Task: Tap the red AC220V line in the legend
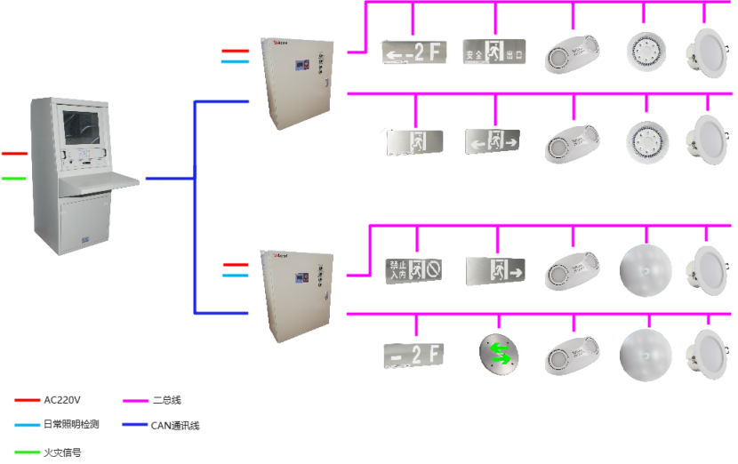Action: tap(28, 400)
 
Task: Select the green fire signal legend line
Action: tap(28, 452)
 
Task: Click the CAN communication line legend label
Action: tap(174, 426)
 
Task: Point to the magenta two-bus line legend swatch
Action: tap(134, 401)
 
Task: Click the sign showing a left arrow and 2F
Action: tap(414, 52)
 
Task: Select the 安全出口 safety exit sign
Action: tap(493, 52)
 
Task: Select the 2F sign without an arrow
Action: tap(414, 354)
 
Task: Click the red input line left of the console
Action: tap(14, 154)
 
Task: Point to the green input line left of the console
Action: tap(14, 178)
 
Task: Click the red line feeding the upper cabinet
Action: tap(235, 52)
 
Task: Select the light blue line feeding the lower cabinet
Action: tap(235, 275)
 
